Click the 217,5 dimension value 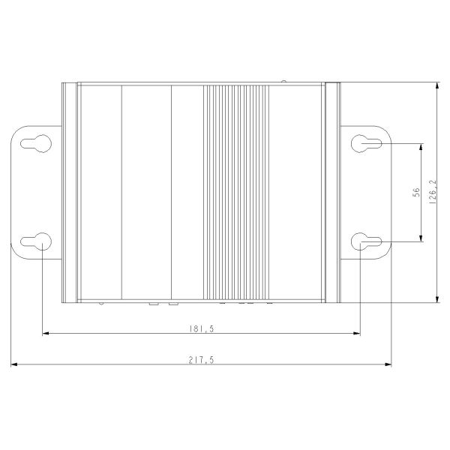tap(201, 360)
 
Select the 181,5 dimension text tap(201, 328)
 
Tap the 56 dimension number tap(416, 192)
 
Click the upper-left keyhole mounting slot tap(36, 143)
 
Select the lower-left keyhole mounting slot tap(36, 241)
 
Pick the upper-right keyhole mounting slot tap(367, 143)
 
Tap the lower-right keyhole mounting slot tap(367, 241)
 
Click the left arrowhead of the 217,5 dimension tap(14, 364)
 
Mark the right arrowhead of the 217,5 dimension tap(388, 364)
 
